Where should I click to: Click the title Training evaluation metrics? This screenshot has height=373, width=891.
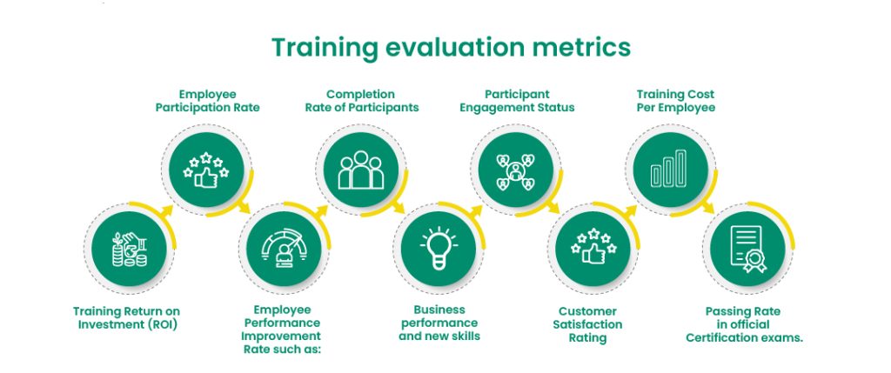451,47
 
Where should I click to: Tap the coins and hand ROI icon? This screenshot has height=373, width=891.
129,250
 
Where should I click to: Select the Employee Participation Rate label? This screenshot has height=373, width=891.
207,101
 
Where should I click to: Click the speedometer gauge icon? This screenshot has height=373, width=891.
283,248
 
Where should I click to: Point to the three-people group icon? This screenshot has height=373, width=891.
361,170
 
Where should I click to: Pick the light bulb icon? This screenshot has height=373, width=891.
439,248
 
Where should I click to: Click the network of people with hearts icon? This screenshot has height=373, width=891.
515,170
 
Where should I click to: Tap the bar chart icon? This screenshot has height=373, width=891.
669,168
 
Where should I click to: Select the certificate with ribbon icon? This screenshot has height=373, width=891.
747,249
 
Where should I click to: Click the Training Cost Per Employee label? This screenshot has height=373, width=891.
675,101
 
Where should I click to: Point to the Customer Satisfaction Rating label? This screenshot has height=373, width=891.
587,324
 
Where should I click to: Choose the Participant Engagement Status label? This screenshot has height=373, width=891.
517,101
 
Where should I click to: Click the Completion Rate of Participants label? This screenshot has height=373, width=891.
362,101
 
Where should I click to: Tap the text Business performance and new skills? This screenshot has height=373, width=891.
439,323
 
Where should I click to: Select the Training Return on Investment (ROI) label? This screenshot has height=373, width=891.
126,318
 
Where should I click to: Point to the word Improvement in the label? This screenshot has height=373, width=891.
282,336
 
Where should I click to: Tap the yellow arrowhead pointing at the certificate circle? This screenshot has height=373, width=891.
709,208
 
